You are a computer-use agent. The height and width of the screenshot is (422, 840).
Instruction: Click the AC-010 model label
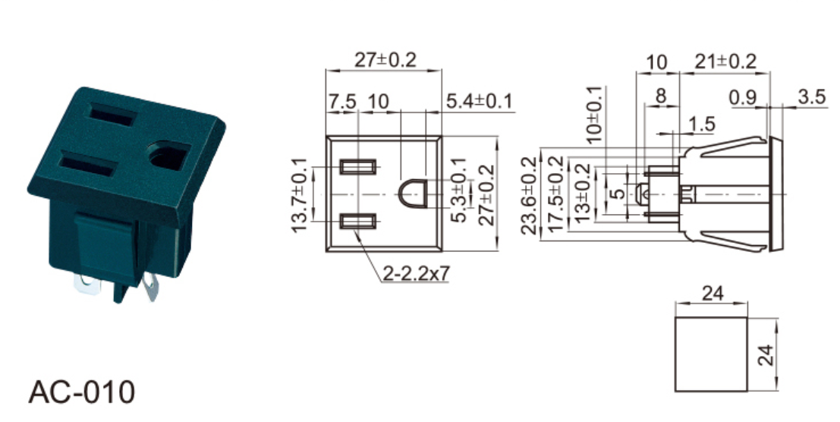[x=81, y=392]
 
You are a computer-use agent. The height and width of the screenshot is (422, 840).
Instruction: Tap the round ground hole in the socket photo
[x=168, y=156]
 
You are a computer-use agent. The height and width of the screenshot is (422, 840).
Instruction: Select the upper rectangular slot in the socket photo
[x=112, y=115]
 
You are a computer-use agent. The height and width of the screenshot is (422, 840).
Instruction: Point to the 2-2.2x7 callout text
[x=417, y=273]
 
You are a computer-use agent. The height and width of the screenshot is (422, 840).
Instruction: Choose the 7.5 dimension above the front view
[x=341, y=101]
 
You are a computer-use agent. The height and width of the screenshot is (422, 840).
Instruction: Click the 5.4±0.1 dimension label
[x=479, y=101]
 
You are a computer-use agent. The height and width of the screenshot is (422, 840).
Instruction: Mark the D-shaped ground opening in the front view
[x=412, y=194]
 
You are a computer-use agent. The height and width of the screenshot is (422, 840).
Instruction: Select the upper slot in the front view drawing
[x=358, y=167]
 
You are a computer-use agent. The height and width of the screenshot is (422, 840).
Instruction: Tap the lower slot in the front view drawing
[x=358, y=221]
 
